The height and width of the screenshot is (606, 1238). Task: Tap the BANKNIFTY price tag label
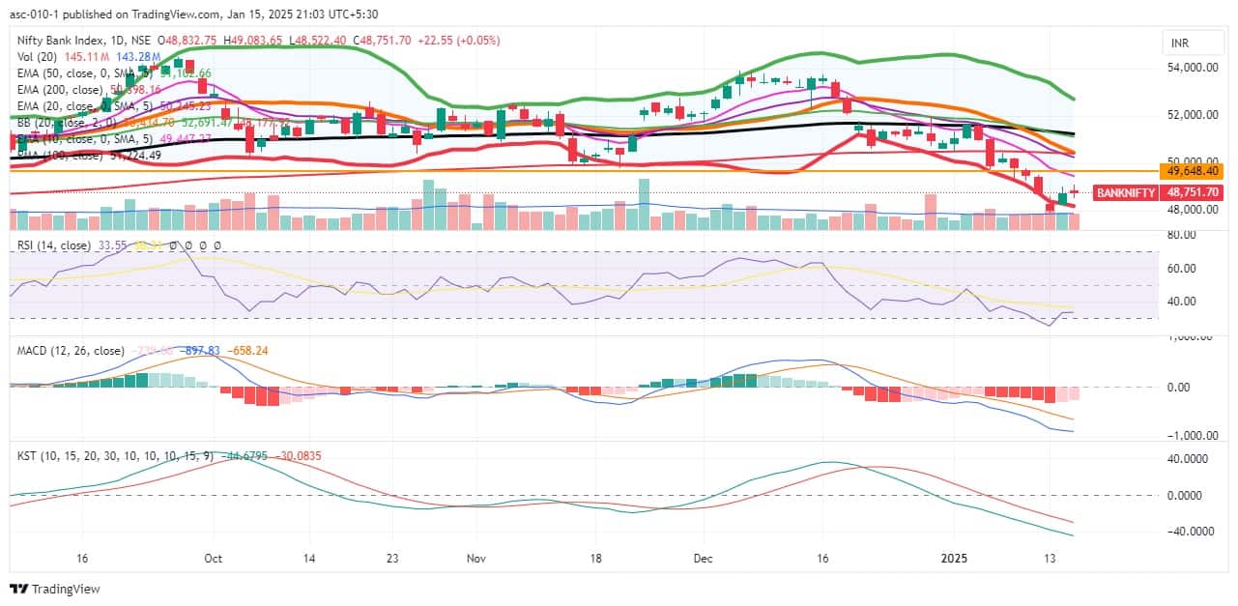pyautogui.click(x=1126, y=192)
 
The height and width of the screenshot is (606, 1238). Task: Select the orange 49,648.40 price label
pyautogui.click(x=1194, y=171)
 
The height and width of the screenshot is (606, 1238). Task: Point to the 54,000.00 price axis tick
pyautogui.click(x=1194, y=68)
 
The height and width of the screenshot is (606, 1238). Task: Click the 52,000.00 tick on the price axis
pyautogui.click(x=1194, y=115)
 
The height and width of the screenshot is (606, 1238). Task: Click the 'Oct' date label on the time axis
pyautogui.click(x=214, y=559)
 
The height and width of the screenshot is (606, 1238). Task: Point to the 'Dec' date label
pyautogui.click(x=703, y=559)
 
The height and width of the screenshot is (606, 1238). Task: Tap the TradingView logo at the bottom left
pyautogui.click(x=55, y=589)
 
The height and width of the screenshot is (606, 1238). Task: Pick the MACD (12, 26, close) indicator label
pyautogui.click(x=71, y=351)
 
